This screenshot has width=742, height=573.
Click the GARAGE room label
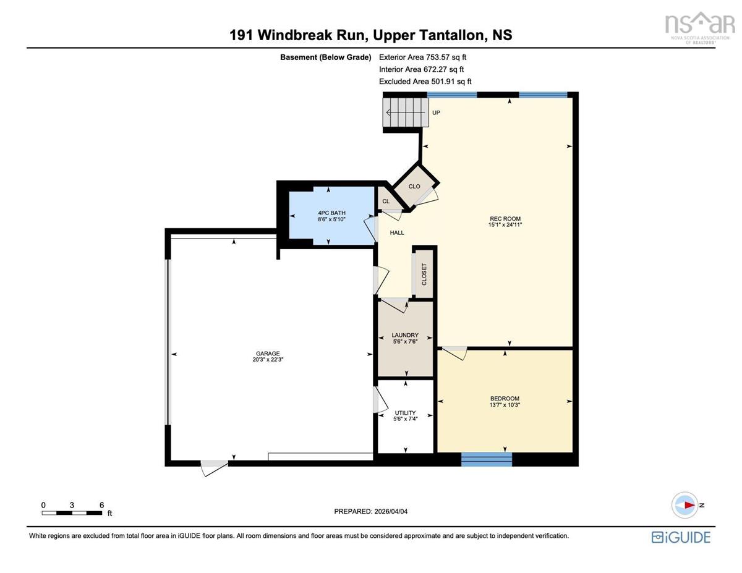[268, 353]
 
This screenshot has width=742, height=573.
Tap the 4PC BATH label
[331, 213]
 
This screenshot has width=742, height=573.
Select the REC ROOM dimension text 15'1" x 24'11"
[505, 224]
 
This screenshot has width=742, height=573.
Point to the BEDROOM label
[505, 398]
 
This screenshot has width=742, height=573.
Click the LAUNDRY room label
[405, 335]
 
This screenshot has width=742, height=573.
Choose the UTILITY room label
[405, 413]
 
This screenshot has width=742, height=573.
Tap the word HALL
[397, 233]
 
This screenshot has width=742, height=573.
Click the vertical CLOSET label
[424, 274]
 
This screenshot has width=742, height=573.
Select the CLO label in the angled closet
[414, 186]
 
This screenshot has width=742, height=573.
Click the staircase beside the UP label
[405, 112]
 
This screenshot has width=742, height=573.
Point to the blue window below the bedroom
[486, 459]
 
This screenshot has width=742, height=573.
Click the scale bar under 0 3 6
[72, 513]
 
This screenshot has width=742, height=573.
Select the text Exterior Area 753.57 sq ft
[422, 57]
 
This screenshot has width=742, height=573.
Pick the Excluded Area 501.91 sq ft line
[425, 82]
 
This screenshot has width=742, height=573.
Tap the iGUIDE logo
[681, 537]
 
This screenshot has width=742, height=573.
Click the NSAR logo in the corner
[699, 27]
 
